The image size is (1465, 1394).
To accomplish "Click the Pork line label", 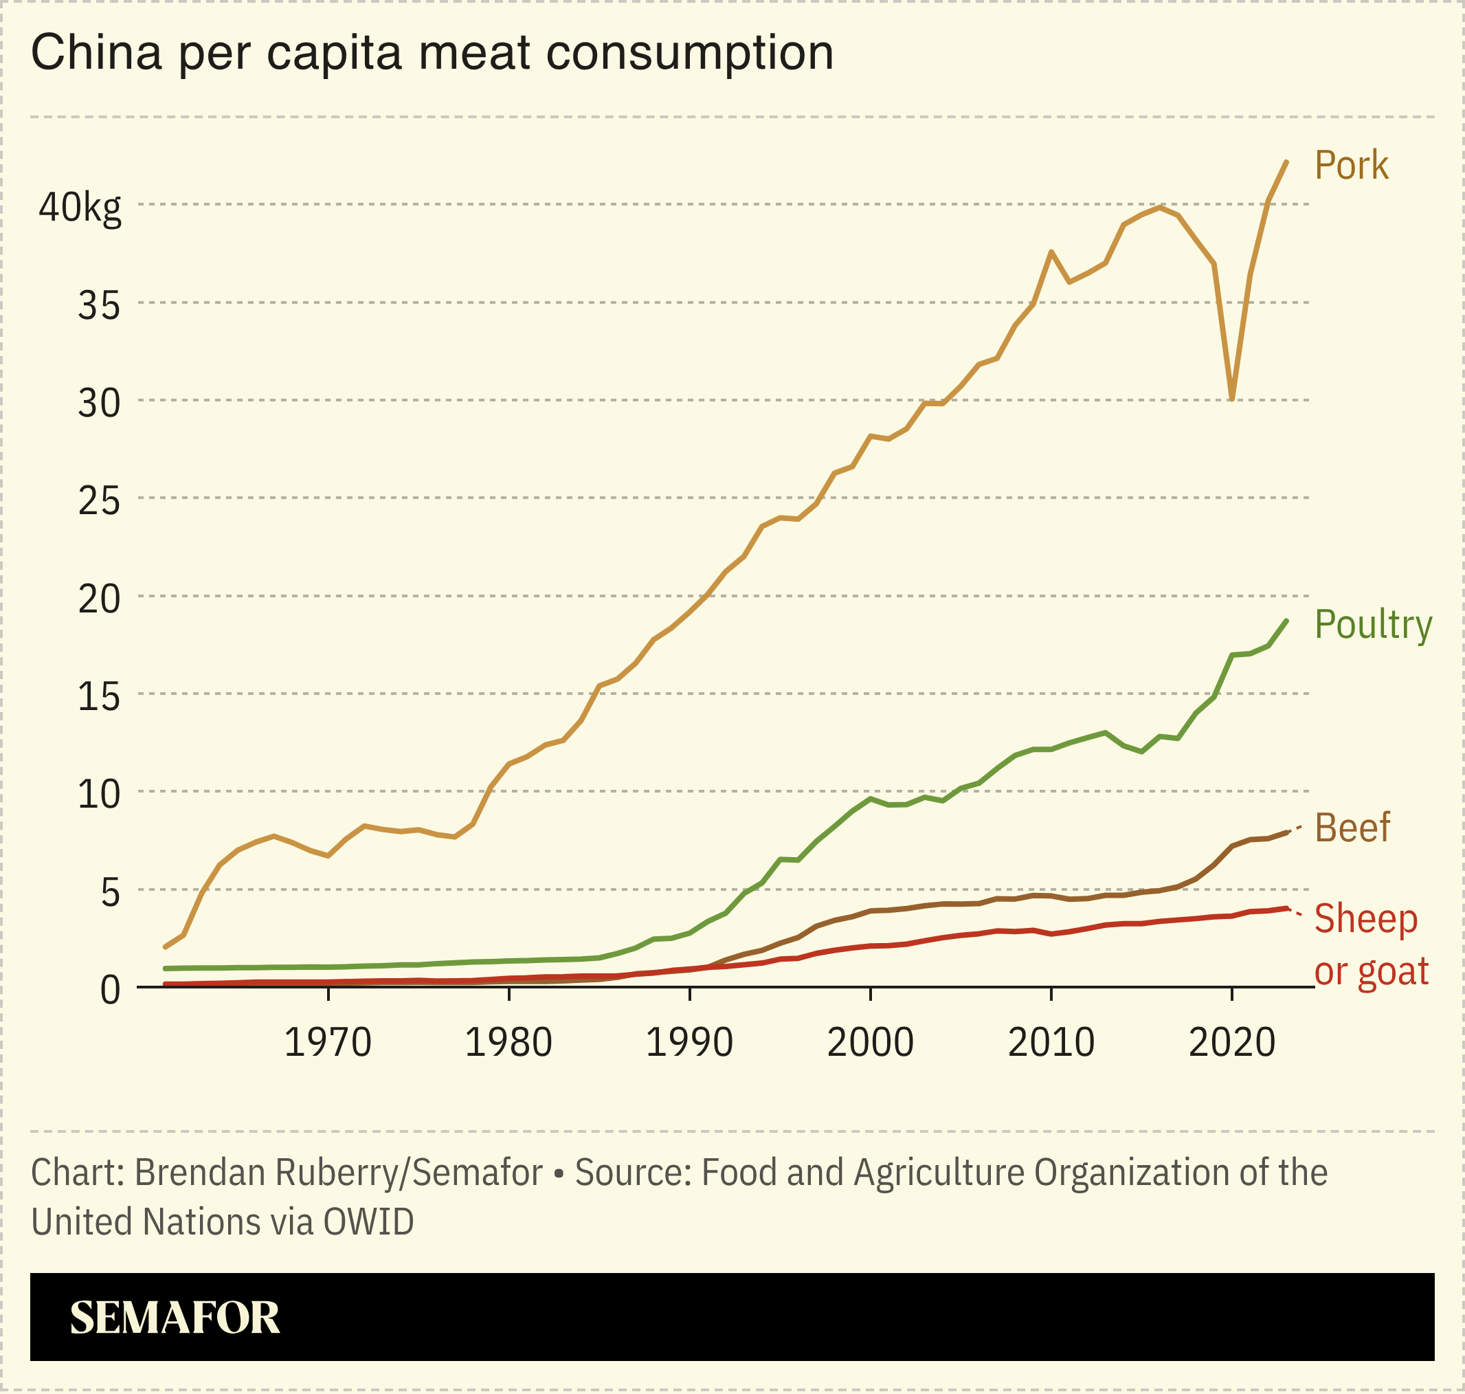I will pos(1351,165).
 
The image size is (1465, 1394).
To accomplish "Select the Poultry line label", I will pos(1373,625).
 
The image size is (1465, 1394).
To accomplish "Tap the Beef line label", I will pos(1352,827).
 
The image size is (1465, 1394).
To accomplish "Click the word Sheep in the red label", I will pos(1365,919).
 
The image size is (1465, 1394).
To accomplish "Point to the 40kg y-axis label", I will pos(80,208).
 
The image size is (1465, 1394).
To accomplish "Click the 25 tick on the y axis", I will pos(99,502).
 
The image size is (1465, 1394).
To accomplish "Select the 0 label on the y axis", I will pos(110,990).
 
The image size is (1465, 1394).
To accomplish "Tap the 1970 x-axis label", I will pos(328,1043).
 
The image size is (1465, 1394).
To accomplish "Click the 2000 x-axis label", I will pos(870,1043).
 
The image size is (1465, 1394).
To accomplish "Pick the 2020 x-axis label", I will pos(1232,1043).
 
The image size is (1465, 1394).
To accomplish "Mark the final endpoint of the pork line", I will pos(1286,162).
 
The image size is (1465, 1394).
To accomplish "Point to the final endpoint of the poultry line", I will pos(1286,621).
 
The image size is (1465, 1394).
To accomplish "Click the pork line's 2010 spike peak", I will pos(1051,252).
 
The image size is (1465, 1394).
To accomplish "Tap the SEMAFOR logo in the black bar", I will pos(175,1318).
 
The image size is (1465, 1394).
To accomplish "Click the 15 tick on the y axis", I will pos(99,697).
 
